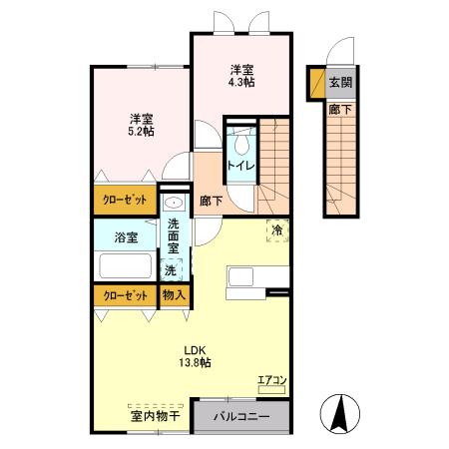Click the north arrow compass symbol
pos(340,412)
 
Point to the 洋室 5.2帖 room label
pos(140,124)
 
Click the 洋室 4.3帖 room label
pos(240,76)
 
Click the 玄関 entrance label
pos(340,83)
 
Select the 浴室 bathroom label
pos(126,238)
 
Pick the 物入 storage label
pos(174,295)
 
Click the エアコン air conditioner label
pos(271,378)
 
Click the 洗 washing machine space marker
pos(171,270)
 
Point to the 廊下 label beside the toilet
pos(211,201)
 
